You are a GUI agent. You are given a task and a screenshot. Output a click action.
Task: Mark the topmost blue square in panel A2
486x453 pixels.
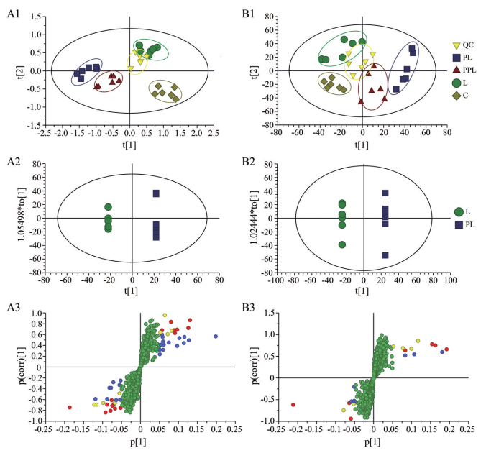pyautogui.click(x=156, y=193)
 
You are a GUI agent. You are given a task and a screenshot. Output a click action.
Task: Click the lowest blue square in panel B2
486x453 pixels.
pyautogui.click(x=385, y=255)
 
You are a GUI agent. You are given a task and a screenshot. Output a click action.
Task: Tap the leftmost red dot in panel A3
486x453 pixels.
pyautogui.click(x=70, y=407)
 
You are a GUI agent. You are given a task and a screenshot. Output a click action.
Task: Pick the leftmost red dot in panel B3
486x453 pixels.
pyautogui.click(x=293, y=405)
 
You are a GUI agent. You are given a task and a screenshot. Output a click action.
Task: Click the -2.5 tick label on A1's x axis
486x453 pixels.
pyautogui.click(x=45, y=134)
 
